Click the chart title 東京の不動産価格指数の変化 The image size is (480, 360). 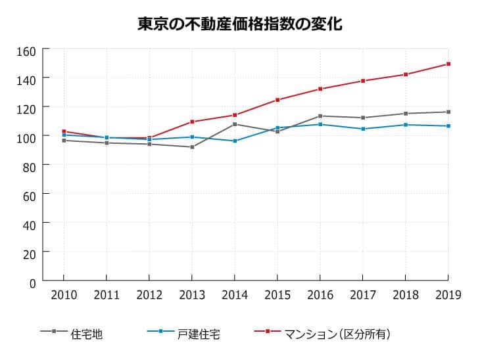239,24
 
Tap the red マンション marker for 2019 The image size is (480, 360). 448,64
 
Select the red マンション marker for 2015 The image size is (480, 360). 277,100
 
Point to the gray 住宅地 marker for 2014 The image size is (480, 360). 235,124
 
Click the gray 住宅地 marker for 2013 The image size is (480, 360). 192,147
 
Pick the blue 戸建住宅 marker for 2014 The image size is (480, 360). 235,141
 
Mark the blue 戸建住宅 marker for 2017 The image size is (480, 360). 363,129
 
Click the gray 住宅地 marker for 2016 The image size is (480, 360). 320,116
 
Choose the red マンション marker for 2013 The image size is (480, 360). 192,122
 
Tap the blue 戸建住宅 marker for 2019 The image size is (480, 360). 448,125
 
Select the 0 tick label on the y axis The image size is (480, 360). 31,282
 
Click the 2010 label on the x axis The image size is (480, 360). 64,296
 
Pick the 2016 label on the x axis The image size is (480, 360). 320,296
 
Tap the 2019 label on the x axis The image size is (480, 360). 448,296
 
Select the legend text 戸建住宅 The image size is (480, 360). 199,334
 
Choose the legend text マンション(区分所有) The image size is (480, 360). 337,334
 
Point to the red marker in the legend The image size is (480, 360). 268,331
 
